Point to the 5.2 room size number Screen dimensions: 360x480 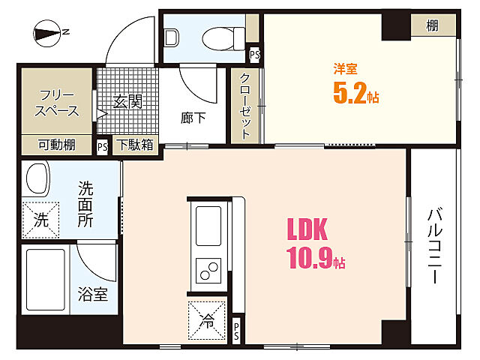[351, 94]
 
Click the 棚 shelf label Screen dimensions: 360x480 [433, 26]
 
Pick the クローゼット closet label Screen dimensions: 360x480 [244, 105]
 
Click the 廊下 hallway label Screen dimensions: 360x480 [192, 118]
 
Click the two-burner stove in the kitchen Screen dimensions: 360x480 [208, 268]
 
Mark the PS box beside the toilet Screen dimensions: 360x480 [254, 54]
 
